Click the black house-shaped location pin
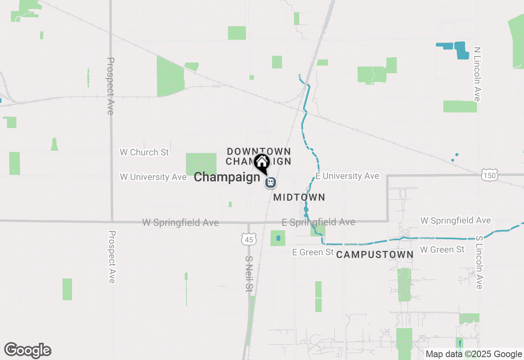(262, 162)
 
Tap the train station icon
(270, 182)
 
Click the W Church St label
(144, 152)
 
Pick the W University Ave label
(153, 177)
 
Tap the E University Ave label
(347, 176)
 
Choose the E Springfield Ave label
(318, 222)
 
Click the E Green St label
(313, 252)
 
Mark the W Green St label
(442, 249)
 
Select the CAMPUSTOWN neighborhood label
(375, 255)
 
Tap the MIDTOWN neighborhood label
(299, 198)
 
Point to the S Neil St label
(248, 274)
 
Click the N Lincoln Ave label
(477, 74)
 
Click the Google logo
(27, 351)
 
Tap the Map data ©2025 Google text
(474, 354)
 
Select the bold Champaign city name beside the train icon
(227, 177)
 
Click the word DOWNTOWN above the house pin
(259, 152)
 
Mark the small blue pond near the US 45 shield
(278, 238)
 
